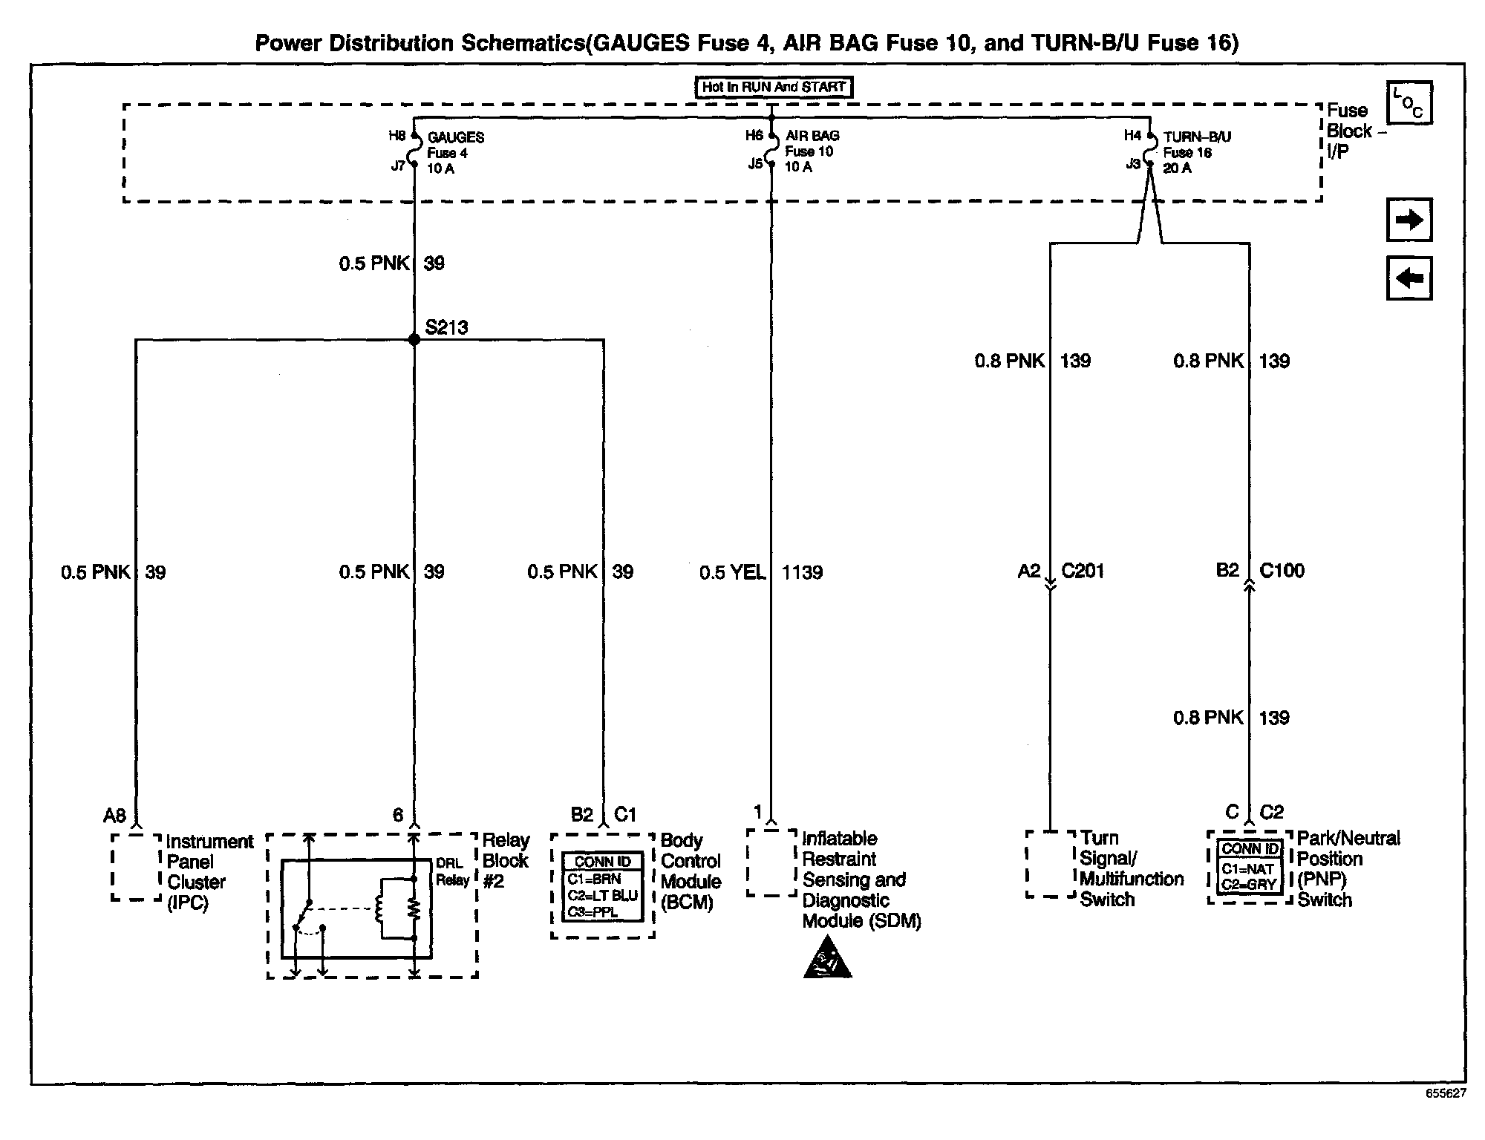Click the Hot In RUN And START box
tap(773, 87)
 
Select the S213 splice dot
tap(414, 340)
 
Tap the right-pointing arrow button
tap(1409, 220)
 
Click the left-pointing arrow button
tap(1409, 278)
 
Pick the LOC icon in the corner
tap(1409, 102)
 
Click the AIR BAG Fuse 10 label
tap(812, 151)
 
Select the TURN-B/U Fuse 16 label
tap(1195, 152)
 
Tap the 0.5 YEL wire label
tap(732, 572)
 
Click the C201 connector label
tap(1083, 571)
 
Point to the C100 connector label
tap(1282, 571)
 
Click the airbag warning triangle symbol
tap(827, 958)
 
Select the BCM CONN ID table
tap(602, 886)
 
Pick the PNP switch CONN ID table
tap(1250, 866)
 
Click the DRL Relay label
tap(452, 872)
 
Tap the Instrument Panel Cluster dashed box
tap(136, 867)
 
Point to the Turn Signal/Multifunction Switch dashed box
tap(1051, 864)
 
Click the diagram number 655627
tap(1445, 1093)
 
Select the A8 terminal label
tap(114, 816)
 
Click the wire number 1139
tap(802, 572)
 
